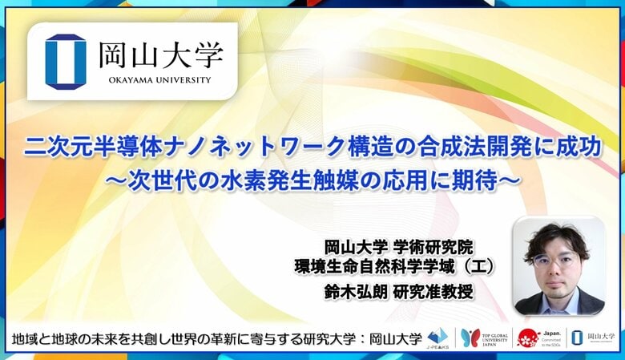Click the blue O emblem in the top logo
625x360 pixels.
(x=65, y=61)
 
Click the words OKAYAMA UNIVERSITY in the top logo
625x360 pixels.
(x=161, y=80)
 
